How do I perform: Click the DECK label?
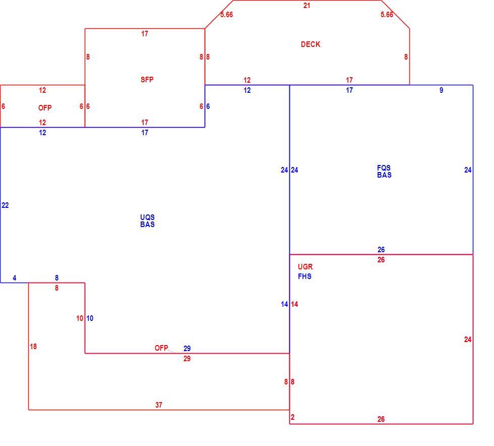(311, 44)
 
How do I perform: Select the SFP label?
(147, 80)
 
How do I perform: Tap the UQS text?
(147, 217)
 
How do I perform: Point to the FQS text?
(384, 168)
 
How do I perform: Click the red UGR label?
(305, 267)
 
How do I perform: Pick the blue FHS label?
(304, 276)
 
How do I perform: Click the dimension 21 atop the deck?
(306, 6)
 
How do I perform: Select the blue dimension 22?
(5, 205)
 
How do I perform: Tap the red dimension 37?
(159, 405)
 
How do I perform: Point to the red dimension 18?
(33, 347)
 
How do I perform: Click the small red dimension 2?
(293, 417)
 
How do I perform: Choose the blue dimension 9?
(441, 90)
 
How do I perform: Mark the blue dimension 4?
(15, 278)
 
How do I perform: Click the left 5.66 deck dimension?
(226, 15)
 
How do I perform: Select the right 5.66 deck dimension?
(387, 15)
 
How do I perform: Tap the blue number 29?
(187, 349)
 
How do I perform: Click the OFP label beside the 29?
(161, 348)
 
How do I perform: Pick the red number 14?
(294, 304)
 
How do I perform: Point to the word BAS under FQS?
(384, 175)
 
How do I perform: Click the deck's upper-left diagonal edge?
(219, 14)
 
